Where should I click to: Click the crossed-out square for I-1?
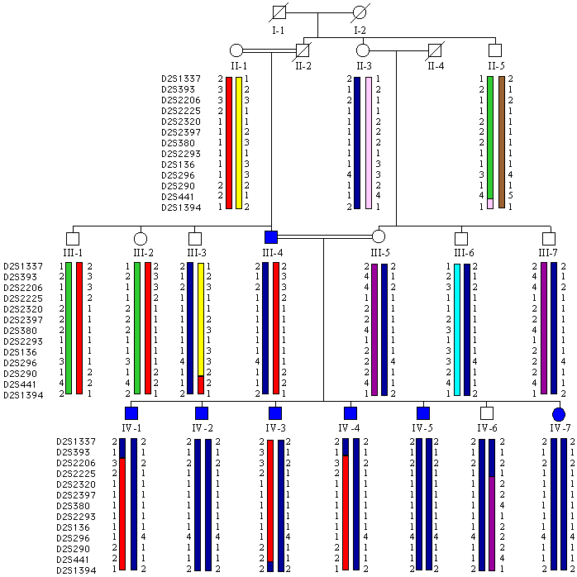click(279, 13)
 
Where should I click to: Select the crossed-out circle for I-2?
click(360, 13)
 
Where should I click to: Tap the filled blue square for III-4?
click(271, 236)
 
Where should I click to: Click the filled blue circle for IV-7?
click(558, 413)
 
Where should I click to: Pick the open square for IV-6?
click(487, 413)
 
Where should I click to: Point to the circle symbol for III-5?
click(379, 236)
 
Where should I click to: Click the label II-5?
click(495, 65)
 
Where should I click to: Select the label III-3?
click(197, 252)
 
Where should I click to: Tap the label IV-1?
click(131, 427)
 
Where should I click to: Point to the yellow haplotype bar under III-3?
click(200, 318)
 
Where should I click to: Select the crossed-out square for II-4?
click(434, 50)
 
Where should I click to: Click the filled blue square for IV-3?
click(275, 413)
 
